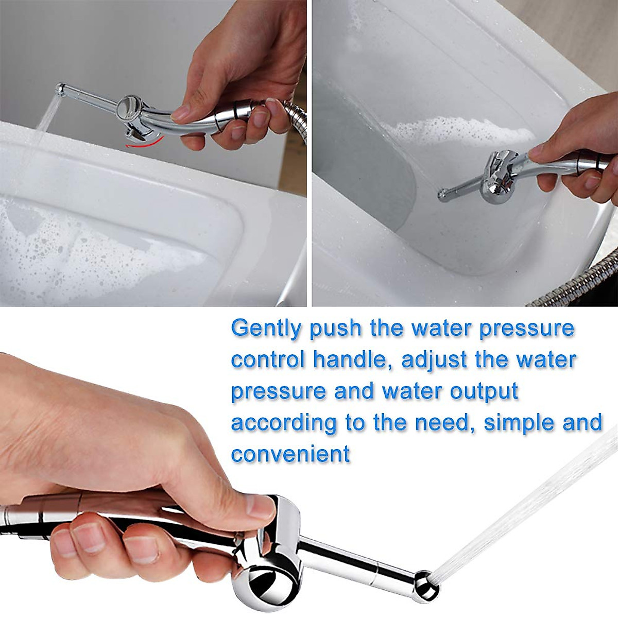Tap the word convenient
290,454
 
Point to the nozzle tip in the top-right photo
442,195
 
